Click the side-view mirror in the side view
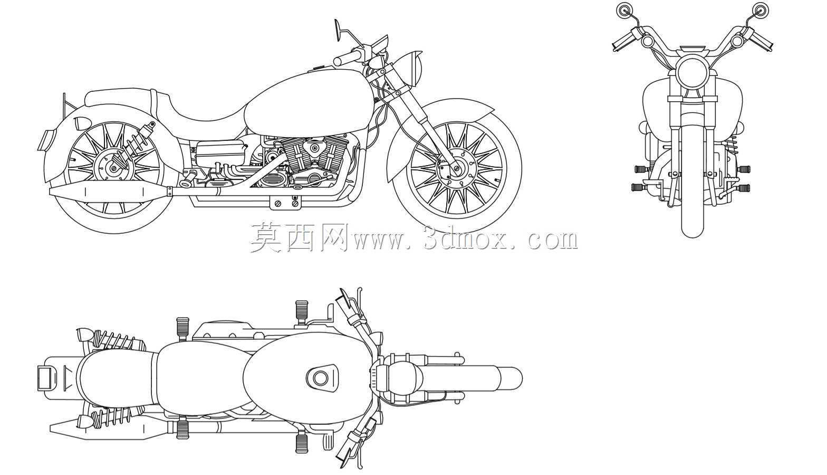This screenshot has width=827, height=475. tap(338, 30)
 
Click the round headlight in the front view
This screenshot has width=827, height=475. tap(692, 72)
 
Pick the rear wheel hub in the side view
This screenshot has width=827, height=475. tap(114, 168)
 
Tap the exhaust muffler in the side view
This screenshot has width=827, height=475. tap(110, 192)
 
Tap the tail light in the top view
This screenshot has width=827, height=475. tap(47, 378)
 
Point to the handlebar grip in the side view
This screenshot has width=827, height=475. tap(348, 57)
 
